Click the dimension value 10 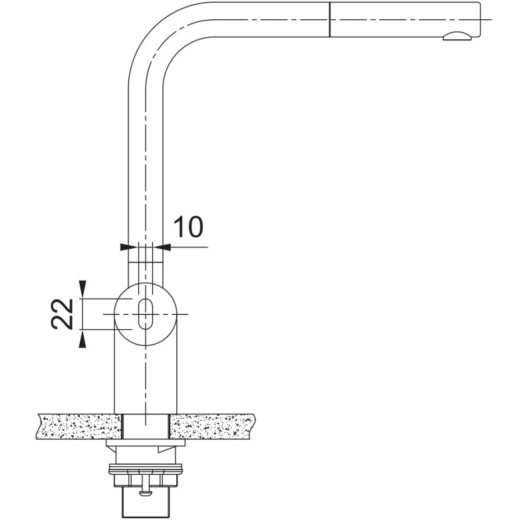point(189,226)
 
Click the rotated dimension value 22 point(63,314)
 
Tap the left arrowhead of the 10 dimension point(124,247)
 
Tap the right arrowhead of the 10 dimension point(166,247)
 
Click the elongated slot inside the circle point(146,314)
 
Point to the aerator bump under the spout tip point(457,37)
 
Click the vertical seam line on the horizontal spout point(329,19)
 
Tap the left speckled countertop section point(79,426)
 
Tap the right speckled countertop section point(211,426)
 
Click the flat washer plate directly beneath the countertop point(146,443)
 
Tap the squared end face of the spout point(480,19)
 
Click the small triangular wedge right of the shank point(167,450)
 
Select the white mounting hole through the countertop point(146,426)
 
